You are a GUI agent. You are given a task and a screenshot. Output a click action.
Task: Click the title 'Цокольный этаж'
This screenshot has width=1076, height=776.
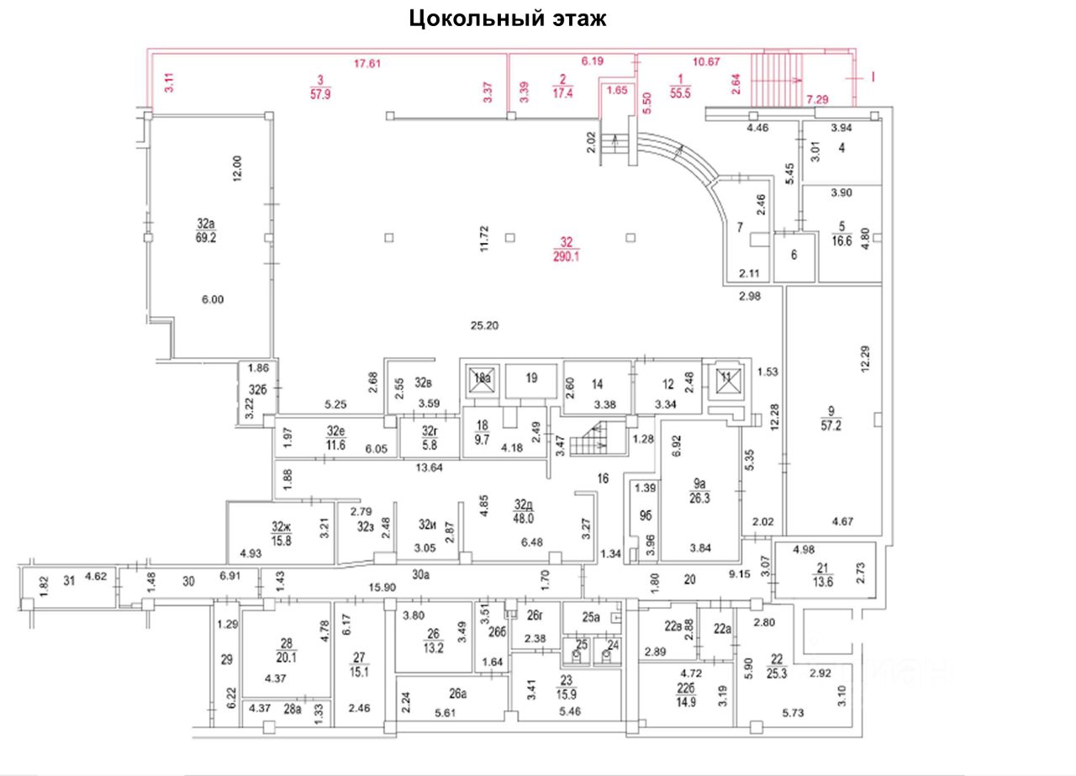[x=508, y=18]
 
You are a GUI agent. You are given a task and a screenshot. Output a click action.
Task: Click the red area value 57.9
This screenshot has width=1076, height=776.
[x=320, y=93]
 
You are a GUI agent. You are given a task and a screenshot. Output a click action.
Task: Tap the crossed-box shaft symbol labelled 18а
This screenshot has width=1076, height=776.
[x=482, y=377]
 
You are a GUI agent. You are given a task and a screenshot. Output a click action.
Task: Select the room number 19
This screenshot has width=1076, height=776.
[x=530, y=378]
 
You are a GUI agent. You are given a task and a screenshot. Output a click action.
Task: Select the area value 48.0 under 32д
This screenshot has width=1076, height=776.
[x=525, y=519]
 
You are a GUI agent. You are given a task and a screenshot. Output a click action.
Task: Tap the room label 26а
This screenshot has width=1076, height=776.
[x=457, y=694]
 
